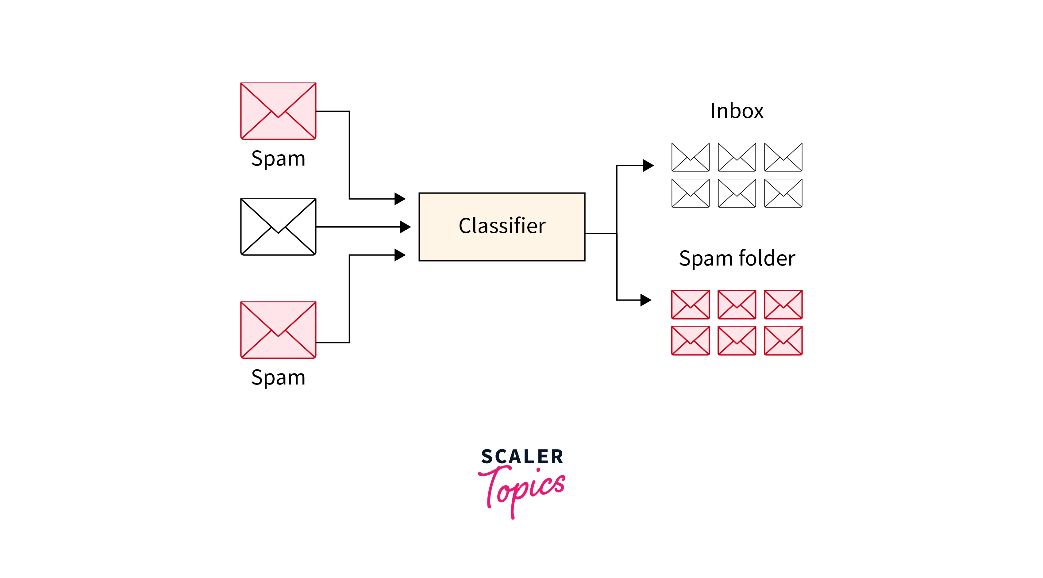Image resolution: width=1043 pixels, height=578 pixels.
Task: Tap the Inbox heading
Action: point(737,111)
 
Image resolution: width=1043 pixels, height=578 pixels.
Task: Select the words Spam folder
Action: point(737,258)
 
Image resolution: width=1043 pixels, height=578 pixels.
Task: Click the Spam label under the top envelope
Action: point(278,158)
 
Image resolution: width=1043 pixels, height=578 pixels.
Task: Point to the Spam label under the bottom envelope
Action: point(278,377)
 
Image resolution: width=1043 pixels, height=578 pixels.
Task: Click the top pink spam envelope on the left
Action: point(278,111)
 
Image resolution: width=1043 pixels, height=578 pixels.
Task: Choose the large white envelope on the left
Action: point(278,227)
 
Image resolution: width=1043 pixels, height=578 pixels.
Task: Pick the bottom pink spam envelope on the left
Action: point(278,330)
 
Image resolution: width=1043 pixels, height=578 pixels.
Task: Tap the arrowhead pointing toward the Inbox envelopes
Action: point(648,166)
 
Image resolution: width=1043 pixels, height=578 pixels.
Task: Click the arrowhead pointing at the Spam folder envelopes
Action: point(645,300)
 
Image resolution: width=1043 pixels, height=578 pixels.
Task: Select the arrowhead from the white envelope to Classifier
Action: point(405,227)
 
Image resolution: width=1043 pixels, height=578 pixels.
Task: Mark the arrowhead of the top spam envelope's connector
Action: point(400,199)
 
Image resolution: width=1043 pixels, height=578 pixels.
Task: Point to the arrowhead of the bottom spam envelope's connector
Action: point(400,255)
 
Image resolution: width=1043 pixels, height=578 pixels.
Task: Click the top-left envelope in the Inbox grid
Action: point(690,157)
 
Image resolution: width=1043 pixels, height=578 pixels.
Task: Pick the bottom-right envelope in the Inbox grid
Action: point(783,193)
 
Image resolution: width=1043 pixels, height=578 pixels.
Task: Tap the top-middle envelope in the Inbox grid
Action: point(737,157)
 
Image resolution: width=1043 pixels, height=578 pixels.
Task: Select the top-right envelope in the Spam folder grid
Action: point(783,304)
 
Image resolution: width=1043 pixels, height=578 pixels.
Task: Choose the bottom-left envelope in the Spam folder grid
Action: point(690,340)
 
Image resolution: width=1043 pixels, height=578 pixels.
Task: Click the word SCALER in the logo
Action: point(522,457)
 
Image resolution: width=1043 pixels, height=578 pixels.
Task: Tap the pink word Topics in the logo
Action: point(522,488)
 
